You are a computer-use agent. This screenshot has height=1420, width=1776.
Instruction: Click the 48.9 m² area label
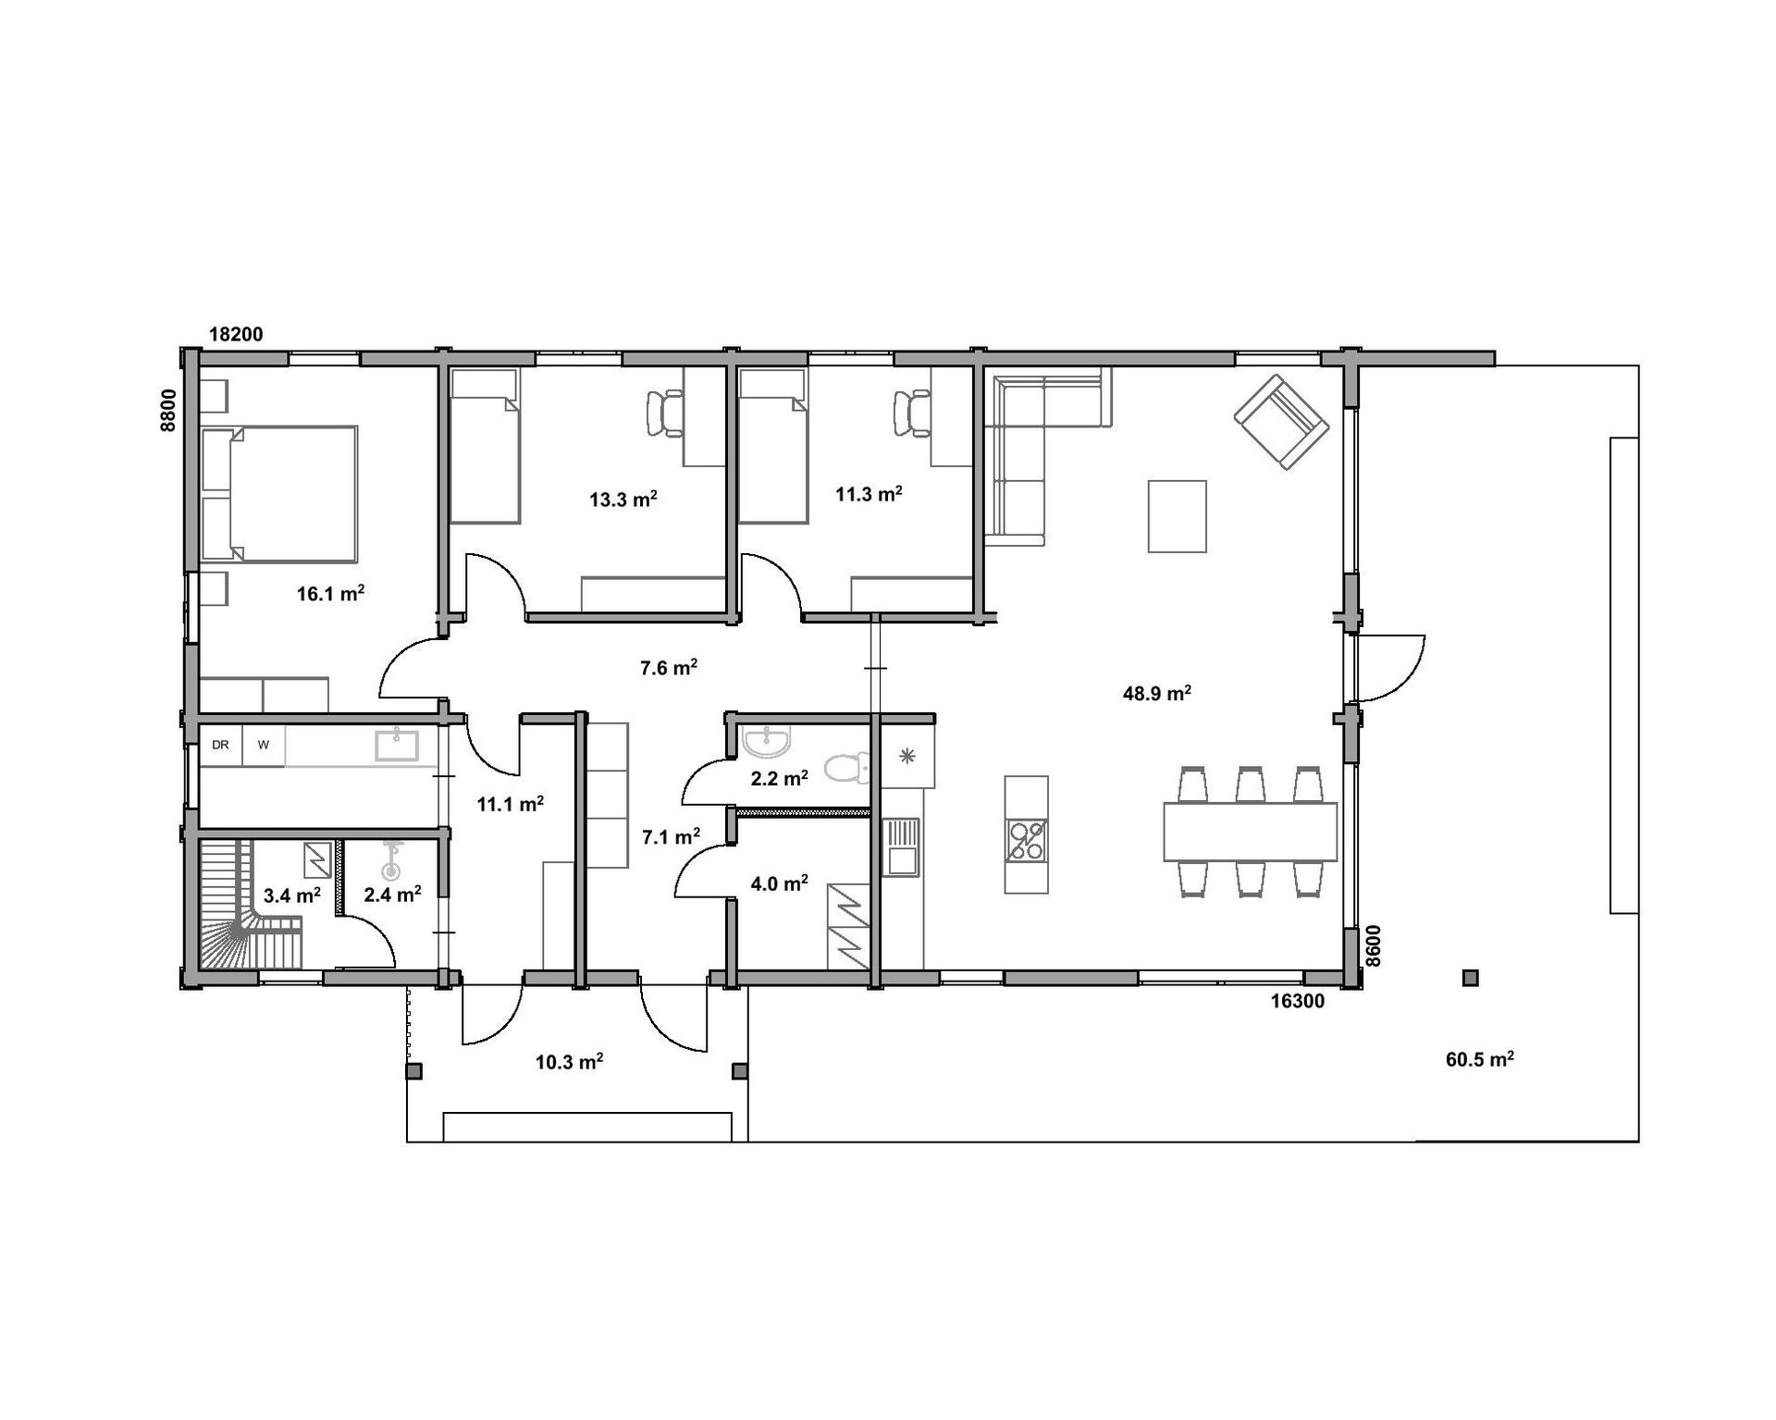point(1156,693)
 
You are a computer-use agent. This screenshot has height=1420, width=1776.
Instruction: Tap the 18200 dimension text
point(236,334)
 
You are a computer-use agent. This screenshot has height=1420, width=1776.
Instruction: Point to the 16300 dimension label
point(1297,1001)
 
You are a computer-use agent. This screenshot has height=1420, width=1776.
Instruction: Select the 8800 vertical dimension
point(168,410)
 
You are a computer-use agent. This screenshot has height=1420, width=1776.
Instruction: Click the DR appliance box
point(221,746)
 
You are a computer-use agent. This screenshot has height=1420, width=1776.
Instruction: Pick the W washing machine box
point(264,746)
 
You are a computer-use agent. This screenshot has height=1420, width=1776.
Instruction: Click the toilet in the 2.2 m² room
point(847,767)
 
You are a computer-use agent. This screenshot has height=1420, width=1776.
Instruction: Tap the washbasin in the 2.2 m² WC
point(767,740)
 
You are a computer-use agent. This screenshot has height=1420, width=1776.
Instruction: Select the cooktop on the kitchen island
point(1027,840)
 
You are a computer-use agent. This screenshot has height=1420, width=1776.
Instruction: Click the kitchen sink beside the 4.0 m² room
point(902,846)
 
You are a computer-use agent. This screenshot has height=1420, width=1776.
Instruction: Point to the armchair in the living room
point(1281,422)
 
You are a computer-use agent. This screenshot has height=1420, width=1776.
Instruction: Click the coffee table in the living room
point(1177,516)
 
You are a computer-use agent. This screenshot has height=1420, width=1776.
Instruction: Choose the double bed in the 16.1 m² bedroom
point(279,494)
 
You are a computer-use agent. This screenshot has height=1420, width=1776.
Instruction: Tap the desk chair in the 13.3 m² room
point(665,412)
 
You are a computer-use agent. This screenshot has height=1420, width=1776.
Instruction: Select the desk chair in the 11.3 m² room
point(912,412)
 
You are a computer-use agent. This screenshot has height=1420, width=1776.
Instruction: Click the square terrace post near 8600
point(1471,978)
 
